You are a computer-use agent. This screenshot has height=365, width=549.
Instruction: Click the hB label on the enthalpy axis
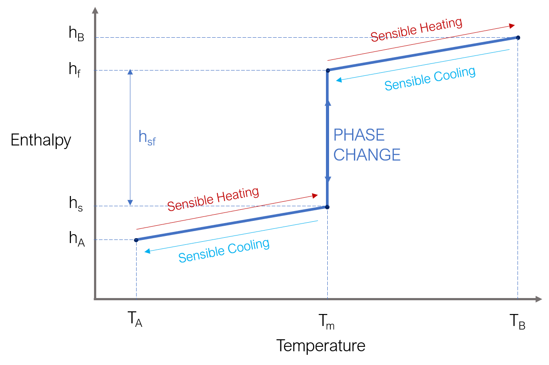coord(76,34)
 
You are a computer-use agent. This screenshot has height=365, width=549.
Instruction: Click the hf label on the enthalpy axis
coord(75,70)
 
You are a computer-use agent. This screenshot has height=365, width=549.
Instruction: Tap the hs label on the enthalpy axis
coord(76,204)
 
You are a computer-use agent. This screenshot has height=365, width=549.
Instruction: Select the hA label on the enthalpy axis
coord(77,239)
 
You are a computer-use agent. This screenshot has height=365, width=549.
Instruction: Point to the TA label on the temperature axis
coord(135,319)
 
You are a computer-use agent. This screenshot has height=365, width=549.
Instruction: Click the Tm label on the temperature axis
coord(326,322)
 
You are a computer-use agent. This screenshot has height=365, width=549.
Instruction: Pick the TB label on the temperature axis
coord(517,322)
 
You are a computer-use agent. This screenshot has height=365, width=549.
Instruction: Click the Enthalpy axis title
coord(41,141)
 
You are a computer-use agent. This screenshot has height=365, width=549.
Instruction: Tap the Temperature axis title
coord(321,346)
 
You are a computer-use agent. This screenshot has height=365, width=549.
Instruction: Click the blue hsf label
coord(147,138)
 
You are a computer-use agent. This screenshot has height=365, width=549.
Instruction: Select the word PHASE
coord(359,135)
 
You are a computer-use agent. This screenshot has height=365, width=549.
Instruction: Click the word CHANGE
coord(367,155)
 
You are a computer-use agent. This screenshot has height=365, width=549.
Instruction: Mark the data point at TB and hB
coord(518,38)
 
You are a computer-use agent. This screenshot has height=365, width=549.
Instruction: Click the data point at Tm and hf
coord(328,71)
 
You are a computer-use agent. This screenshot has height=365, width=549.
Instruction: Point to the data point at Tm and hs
coord(327,207)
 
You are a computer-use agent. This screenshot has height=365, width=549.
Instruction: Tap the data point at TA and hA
coord(136,240)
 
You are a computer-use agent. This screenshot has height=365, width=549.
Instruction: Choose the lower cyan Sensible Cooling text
coord(224,251)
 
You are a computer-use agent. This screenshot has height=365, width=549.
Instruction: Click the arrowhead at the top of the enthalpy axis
coord(95,10)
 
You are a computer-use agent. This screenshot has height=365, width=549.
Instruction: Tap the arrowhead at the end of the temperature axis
coord(539,299)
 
